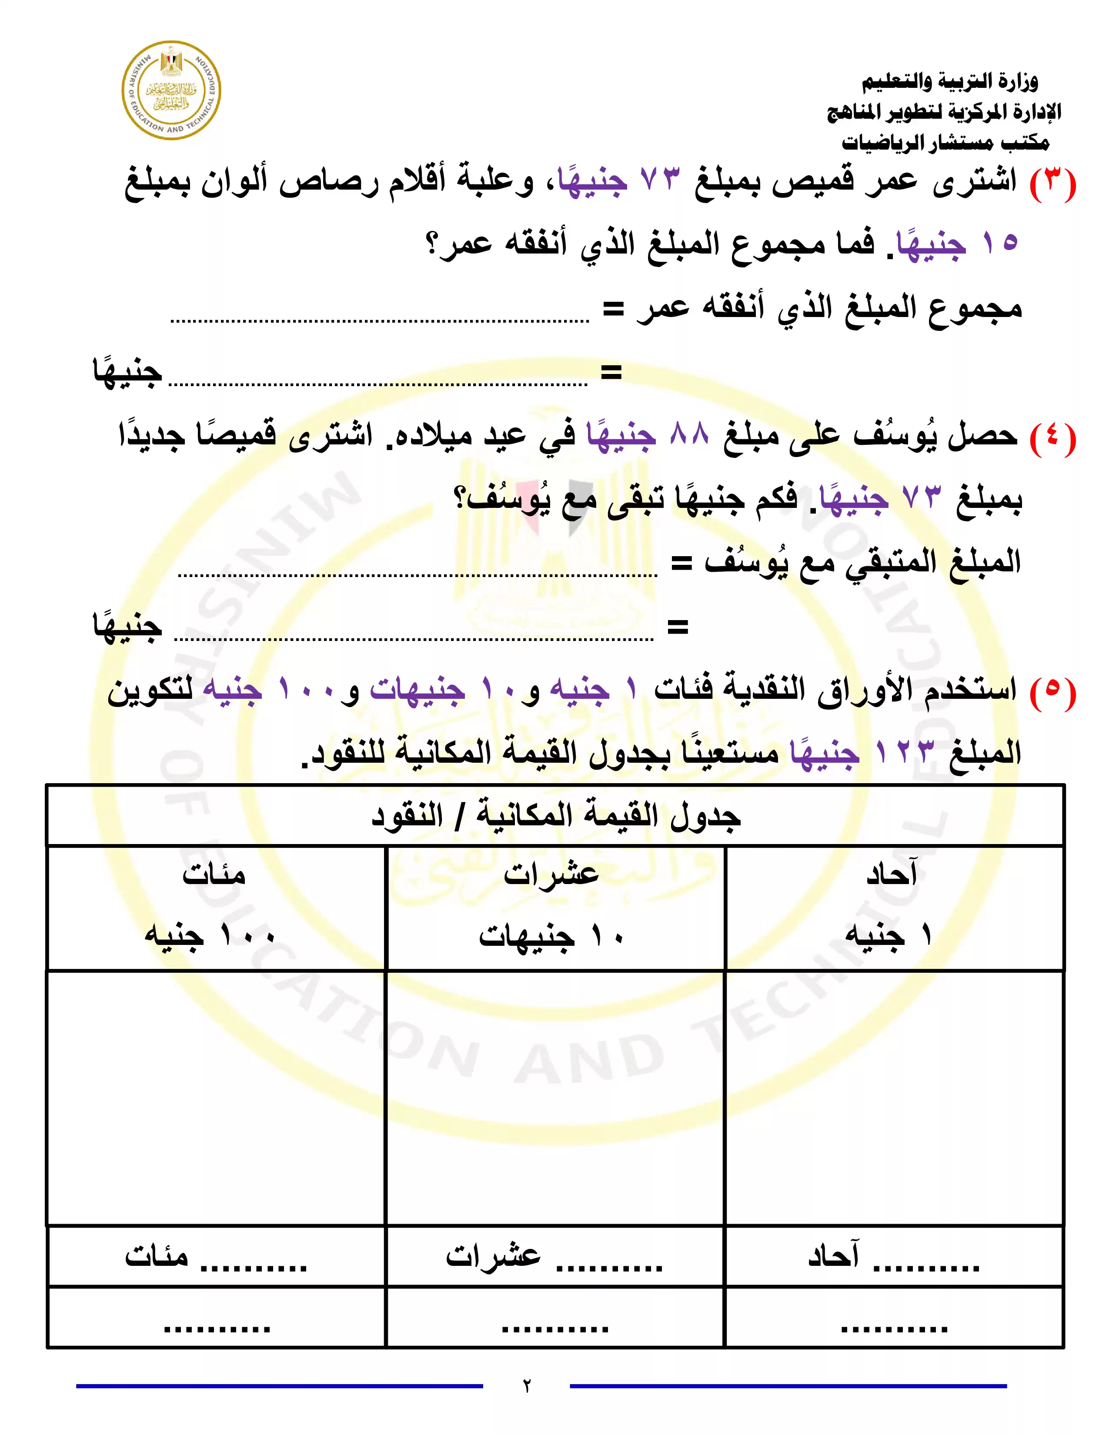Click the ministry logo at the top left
[x=171, y=91]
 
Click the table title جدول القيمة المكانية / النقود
[x=555, y=816]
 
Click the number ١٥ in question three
[x=1000, y=243]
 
